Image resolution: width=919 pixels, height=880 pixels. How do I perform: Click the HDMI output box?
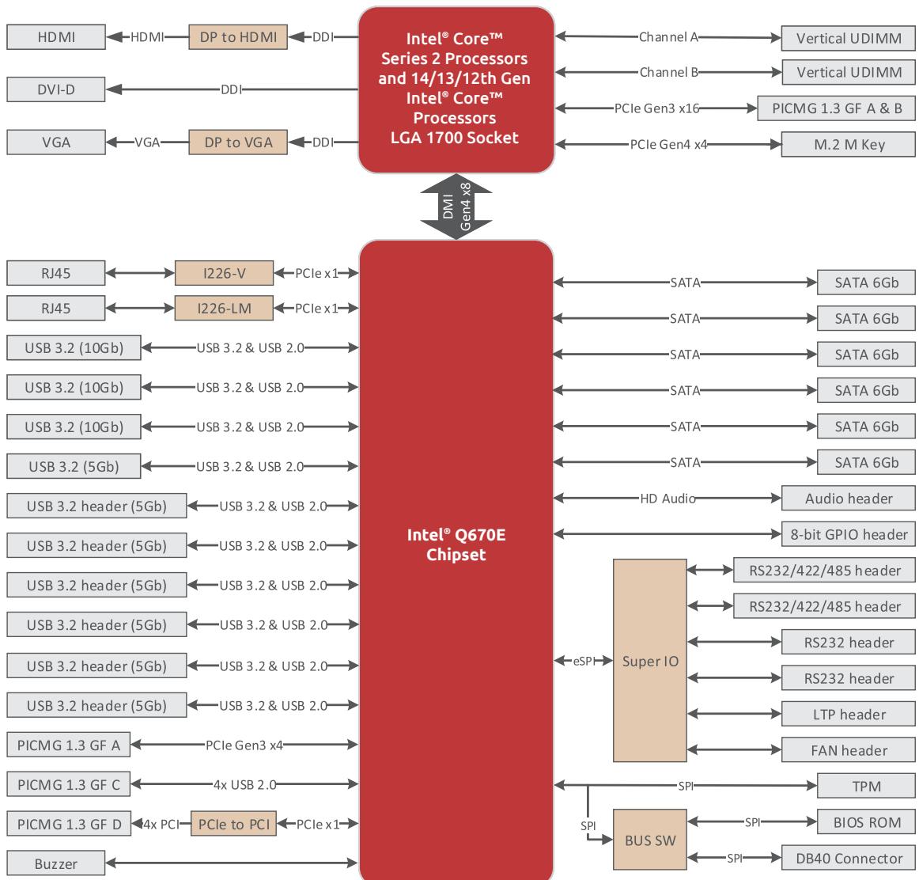coord(56,37)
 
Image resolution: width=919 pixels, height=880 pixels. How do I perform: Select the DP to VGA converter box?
coord(238,142)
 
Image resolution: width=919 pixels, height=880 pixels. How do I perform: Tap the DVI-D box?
coord(56,89)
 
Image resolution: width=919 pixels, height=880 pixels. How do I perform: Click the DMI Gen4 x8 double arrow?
coord(456,207)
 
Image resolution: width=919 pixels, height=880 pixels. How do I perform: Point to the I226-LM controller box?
coord(224,309)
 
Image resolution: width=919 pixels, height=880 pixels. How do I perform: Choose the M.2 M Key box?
coord(848,144)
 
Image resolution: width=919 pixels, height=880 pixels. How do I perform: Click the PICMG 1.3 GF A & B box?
coord(837,108)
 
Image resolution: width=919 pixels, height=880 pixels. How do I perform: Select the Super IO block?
coord(650,661)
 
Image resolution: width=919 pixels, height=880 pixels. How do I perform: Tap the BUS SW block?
coord(650,840)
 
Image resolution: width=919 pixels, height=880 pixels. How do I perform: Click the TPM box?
coord(866,786)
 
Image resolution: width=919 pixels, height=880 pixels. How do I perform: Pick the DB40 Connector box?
coord(848,859)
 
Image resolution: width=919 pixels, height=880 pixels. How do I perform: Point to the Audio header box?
coord(848,499)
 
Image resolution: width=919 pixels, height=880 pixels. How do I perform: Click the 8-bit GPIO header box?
coord(848,534)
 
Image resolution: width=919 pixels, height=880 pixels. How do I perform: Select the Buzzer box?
coord(56,863)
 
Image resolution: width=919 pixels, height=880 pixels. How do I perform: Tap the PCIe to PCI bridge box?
coord(234,825)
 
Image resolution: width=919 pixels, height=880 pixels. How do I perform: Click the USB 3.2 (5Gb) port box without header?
coord(74,467)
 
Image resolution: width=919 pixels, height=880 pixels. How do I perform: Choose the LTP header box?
coord(848,714)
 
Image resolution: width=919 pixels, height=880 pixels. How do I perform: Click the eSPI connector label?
coord(583,662)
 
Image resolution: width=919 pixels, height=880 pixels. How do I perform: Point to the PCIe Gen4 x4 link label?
coord(669,145)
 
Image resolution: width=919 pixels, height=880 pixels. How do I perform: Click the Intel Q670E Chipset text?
coord(456,544)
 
